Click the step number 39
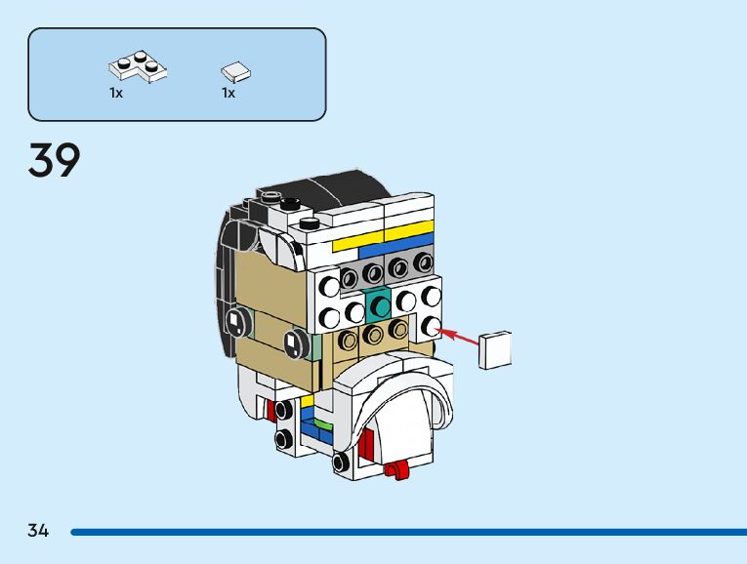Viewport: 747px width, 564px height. click(55, 160)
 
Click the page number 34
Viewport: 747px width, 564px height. click(38, 531)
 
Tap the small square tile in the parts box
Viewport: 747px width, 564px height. click(235, 70)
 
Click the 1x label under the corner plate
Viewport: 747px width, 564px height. click(116, 93)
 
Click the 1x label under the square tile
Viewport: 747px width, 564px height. click(228, 93)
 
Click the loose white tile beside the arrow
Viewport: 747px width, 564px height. click(496, 349)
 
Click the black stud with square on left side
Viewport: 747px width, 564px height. click(234, 320)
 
